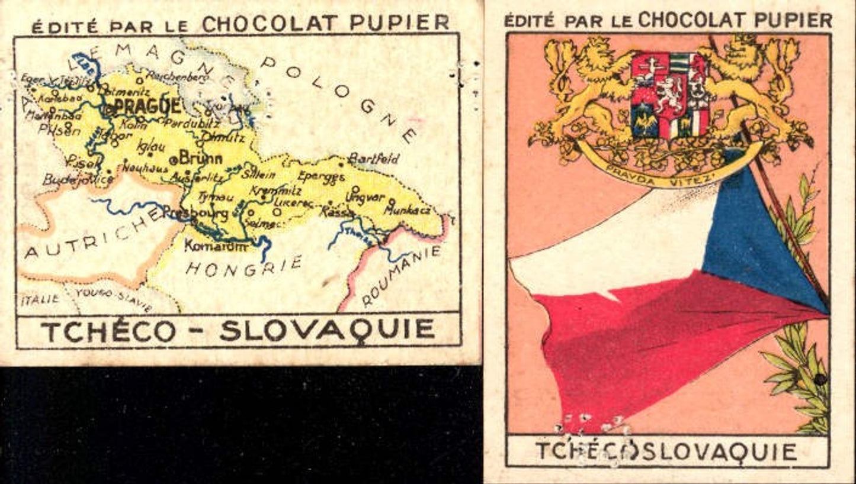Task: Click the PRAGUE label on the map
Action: coord(148,107)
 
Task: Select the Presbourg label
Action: coord(195,212)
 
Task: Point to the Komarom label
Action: coord(216,246)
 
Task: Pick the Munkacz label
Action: coord(409,209)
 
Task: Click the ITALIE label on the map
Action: coord(40,299)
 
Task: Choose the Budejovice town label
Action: coord(78,179)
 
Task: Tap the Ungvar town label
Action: coord(365,196)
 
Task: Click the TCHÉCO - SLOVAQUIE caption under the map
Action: coord(238,330)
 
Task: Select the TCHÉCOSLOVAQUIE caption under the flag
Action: coord(666,451)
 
